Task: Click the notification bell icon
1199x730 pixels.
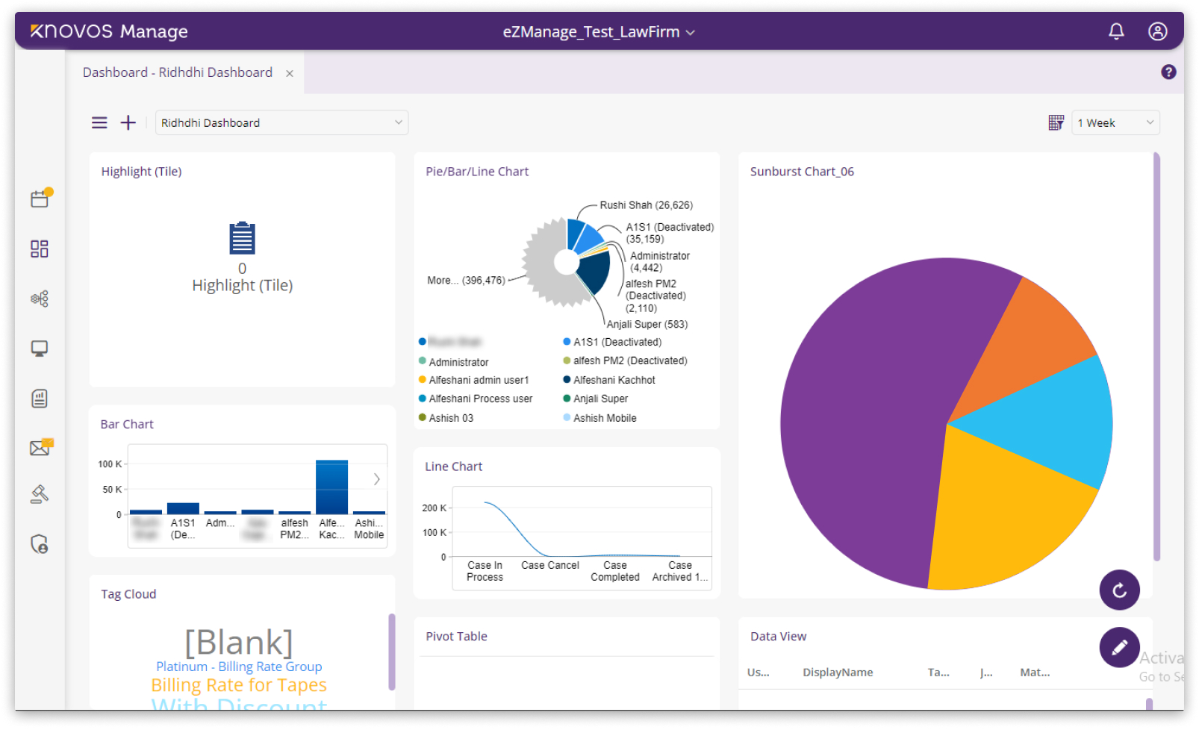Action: pyautogui.click(x=1116, y=31)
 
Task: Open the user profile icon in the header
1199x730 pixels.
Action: pyautogui.click(x=1157, y=31)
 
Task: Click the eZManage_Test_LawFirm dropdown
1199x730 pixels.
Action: pyautogui.click(x=598, y=32)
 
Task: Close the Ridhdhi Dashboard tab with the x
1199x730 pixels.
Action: pyautogui.click(x=290, y=73)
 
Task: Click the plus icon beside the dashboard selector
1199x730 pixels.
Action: pyautogui.click(x=128, y=122)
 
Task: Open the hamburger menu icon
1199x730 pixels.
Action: pyautogui.click(x=99, y=122)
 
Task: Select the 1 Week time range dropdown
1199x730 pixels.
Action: pyautogui.click(x=1115, y=122)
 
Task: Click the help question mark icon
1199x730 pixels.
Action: pyautogui.click(x=1168, y=72)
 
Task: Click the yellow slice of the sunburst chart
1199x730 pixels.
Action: pyautogui.click(x=1000, y=515)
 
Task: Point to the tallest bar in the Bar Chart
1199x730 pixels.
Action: pyautogui.click(x=331, y=486)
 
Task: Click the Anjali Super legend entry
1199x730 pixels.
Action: pyautogui.click(x=600, y=399)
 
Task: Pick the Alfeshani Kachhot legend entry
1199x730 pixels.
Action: pyautogui.click(x=614, y=380)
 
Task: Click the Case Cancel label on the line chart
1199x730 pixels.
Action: pyautogui.click(x=549, y=565)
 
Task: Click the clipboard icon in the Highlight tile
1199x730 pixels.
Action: pyautogui.click(x=242, y=238)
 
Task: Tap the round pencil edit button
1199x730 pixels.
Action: pyautogui.click(x=1119, y=647)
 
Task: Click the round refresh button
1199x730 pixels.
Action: pyautogui.click(x=1119, y=590)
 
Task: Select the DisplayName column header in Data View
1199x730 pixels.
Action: pyautogui.click(x=838, y=673)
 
